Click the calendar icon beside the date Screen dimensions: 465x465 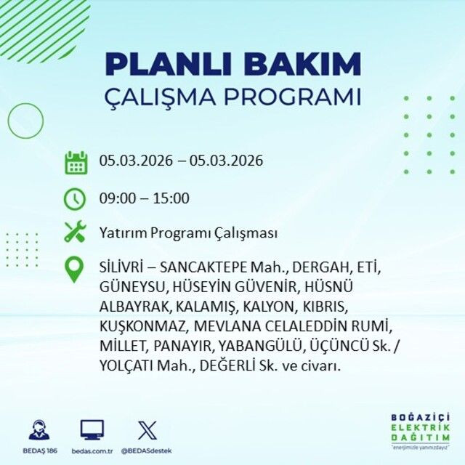[76, 162]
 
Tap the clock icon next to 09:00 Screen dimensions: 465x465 [76, 198]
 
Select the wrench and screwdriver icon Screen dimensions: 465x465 [76, 233]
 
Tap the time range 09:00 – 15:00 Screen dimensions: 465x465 [144, 198]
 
